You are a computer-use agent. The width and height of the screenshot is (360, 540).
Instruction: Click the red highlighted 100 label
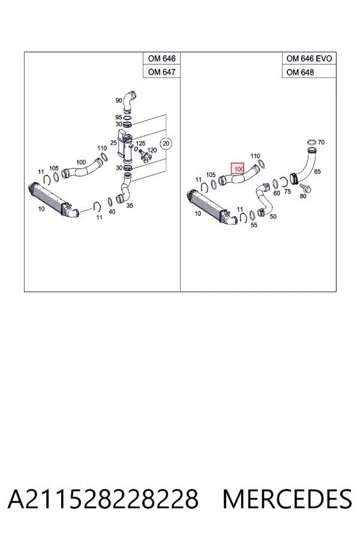(x=238, y=169)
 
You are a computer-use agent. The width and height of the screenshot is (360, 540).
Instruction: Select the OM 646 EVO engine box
(x=309, y=59)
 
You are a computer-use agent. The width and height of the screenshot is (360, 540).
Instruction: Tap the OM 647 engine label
(x=161, y=71)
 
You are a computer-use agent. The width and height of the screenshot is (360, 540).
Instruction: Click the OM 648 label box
(x=309, y=71)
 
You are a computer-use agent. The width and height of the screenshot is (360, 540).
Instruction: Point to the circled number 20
(x=166, y=143)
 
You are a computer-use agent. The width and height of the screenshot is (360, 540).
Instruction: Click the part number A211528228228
(x=103, y=499)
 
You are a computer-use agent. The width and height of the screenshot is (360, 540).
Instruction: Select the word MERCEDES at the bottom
(x=287, y=499)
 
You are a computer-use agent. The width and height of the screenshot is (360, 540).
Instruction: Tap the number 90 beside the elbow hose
(x=119, y=100)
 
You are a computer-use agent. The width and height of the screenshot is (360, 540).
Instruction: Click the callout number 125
(x=140, y=143)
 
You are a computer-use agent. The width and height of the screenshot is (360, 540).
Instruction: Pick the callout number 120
(x=152, y=150)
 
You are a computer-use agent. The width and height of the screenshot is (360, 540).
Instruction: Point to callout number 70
(x=321, y=142)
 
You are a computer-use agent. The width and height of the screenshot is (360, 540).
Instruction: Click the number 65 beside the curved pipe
(x=317, y=171)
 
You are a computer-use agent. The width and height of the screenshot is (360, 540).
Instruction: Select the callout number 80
(x=303, y=196)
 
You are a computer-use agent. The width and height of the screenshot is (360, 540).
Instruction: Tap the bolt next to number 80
(x=305, y=188)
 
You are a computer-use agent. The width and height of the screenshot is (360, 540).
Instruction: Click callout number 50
(x=273, y=216)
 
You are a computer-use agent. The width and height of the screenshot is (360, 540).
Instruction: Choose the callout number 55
(x=254, y=225)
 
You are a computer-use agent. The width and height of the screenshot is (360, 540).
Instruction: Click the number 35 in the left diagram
(x=130, y=206)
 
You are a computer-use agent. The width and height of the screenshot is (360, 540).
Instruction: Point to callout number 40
(x=112, y=211)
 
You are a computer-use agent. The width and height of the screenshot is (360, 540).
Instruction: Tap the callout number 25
(x=113, y=143)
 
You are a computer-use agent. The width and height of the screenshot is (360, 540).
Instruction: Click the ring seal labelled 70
(x=311, y=142)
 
